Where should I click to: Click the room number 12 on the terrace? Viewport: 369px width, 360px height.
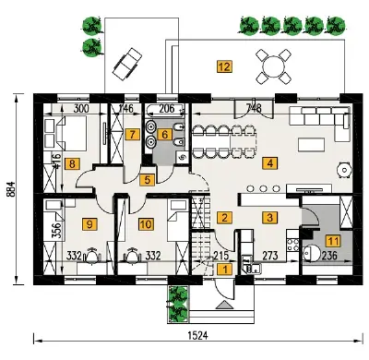coord(224,66)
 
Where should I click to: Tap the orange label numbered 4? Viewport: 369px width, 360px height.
coord(269,162)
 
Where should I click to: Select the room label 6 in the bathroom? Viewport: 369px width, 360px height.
coord(165,135)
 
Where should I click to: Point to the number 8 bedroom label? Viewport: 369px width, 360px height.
coord(72,163)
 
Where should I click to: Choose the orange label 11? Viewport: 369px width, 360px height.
coord(333,241)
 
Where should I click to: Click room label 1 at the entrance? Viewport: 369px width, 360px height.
coord(225,270)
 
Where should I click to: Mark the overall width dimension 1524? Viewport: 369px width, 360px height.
coord(197,335)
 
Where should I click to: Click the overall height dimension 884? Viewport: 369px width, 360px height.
coord(10,189)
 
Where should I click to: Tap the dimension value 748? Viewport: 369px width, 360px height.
coord(255,108)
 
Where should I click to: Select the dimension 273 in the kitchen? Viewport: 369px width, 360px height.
coord(270,256)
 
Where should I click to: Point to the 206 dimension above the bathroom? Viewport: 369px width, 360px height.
coord(167,108)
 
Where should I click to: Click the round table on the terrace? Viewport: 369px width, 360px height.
coord(273,66)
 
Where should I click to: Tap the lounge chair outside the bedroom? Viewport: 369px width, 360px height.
coord(127,64)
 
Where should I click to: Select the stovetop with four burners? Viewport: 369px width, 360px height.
coord(292,245)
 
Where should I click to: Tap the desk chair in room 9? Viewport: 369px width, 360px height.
coord(91,256)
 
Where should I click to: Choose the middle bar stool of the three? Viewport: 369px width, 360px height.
coord(264,188)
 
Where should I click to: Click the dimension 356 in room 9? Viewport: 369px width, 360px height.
coord(56,229)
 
